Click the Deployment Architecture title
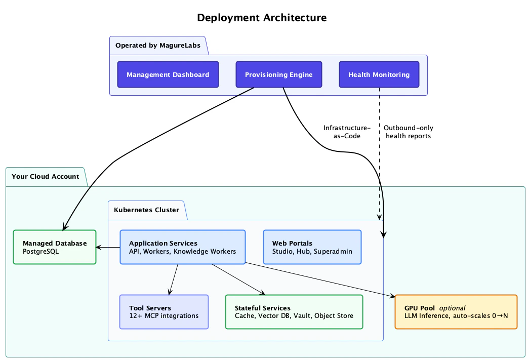[262, 18]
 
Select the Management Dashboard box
[168, 75]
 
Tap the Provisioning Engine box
[278, 75]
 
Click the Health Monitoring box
[379, 75]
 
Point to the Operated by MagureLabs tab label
[157, 46]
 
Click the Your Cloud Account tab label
[45, 177]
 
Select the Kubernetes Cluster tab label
[146, 210]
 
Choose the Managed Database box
[54, 247]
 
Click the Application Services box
[182, 247]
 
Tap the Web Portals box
[312, 247]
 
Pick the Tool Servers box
[164, 312]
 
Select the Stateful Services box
[294, 312]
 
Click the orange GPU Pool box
[456, 312]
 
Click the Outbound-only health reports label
[408, 132]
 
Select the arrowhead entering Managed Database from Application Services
[99, 248]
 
